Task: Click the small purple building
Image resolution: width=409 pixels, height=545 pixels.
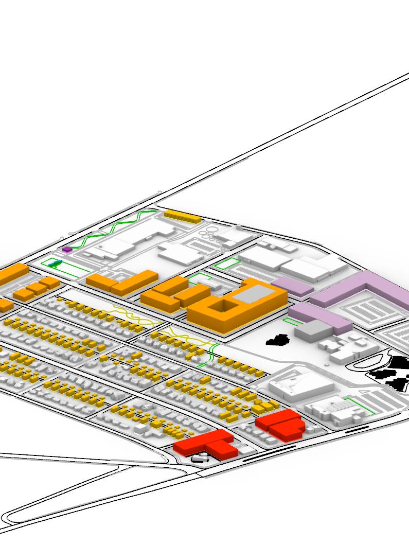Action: [x=67, y=250]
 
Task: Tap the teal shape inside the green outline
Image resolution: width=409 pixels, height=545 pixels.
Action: [x=56, y=264]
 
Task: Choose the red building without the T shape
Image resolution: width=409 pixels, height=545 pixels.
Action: [x=281, y=425]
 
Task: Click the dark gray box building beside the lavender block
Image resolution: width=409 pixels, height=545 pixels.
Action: [x=312, y=329]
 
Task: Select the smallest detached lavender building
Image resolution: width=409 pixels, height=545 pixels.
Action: [x=292, y=286]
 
